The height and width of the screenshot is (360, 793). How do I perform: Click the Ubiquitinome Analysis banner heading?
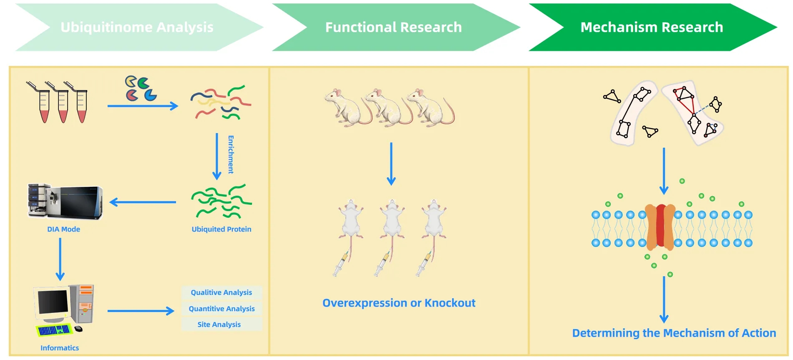pyautogui.click(x=137, y=28)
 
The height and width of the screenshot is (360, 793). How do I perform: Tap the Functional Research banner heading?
pyautogui.click(x=393, y=28)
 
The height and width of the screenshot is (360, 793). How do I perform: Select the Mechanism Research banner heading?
pyautogui.click(x=652, y=28)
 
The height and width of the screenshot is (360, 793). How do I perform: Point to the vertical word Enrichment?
pyautogui.click(x=231, y=154)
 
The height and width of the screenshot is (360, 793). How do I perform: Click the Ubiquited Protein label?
pyautogui.click(x=221, y=229)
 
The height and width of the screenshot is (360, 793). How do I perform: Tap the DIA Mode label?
pyautogui.click(x=63, y=229)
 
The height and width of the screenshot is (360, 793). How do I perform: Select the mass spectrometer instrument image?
pyautogui.click(x=65, y=202)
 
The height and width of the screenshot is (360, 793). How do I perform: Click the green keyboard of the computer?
pyautogui.click(x=53, y=330)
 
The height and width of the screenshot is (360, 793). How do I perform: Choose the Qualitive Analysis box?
pyautogui.click(x=221, y=292)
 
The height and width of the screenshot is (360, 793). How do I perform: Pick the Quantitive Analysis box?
pyautogui.click(x=222, y=309)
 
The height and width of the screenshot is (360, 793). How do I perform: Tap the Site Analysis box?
pyautogui.click(x=219, y=325)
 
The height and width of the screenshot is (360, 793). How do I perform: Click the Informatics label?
pyautogui.click(x=59, y=348)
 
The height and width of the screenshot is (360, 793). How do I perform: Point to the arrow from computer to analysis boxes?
pyautogui.click(x=140, y=311)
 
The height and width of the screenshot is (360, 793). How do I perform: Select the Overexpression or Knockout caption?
pyautogui.click(x=398, y=303)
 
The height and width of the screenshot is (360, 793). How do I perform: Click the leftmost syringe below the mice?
pyautogui.click(x=341, y=264)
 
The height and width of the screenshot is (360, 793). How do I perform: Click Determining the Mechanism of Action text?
pyautogui.click(x=674, y=333)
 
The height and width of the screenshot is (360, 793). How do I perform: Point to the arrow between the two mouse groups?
pyautogui.click(x=391, y=164)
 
